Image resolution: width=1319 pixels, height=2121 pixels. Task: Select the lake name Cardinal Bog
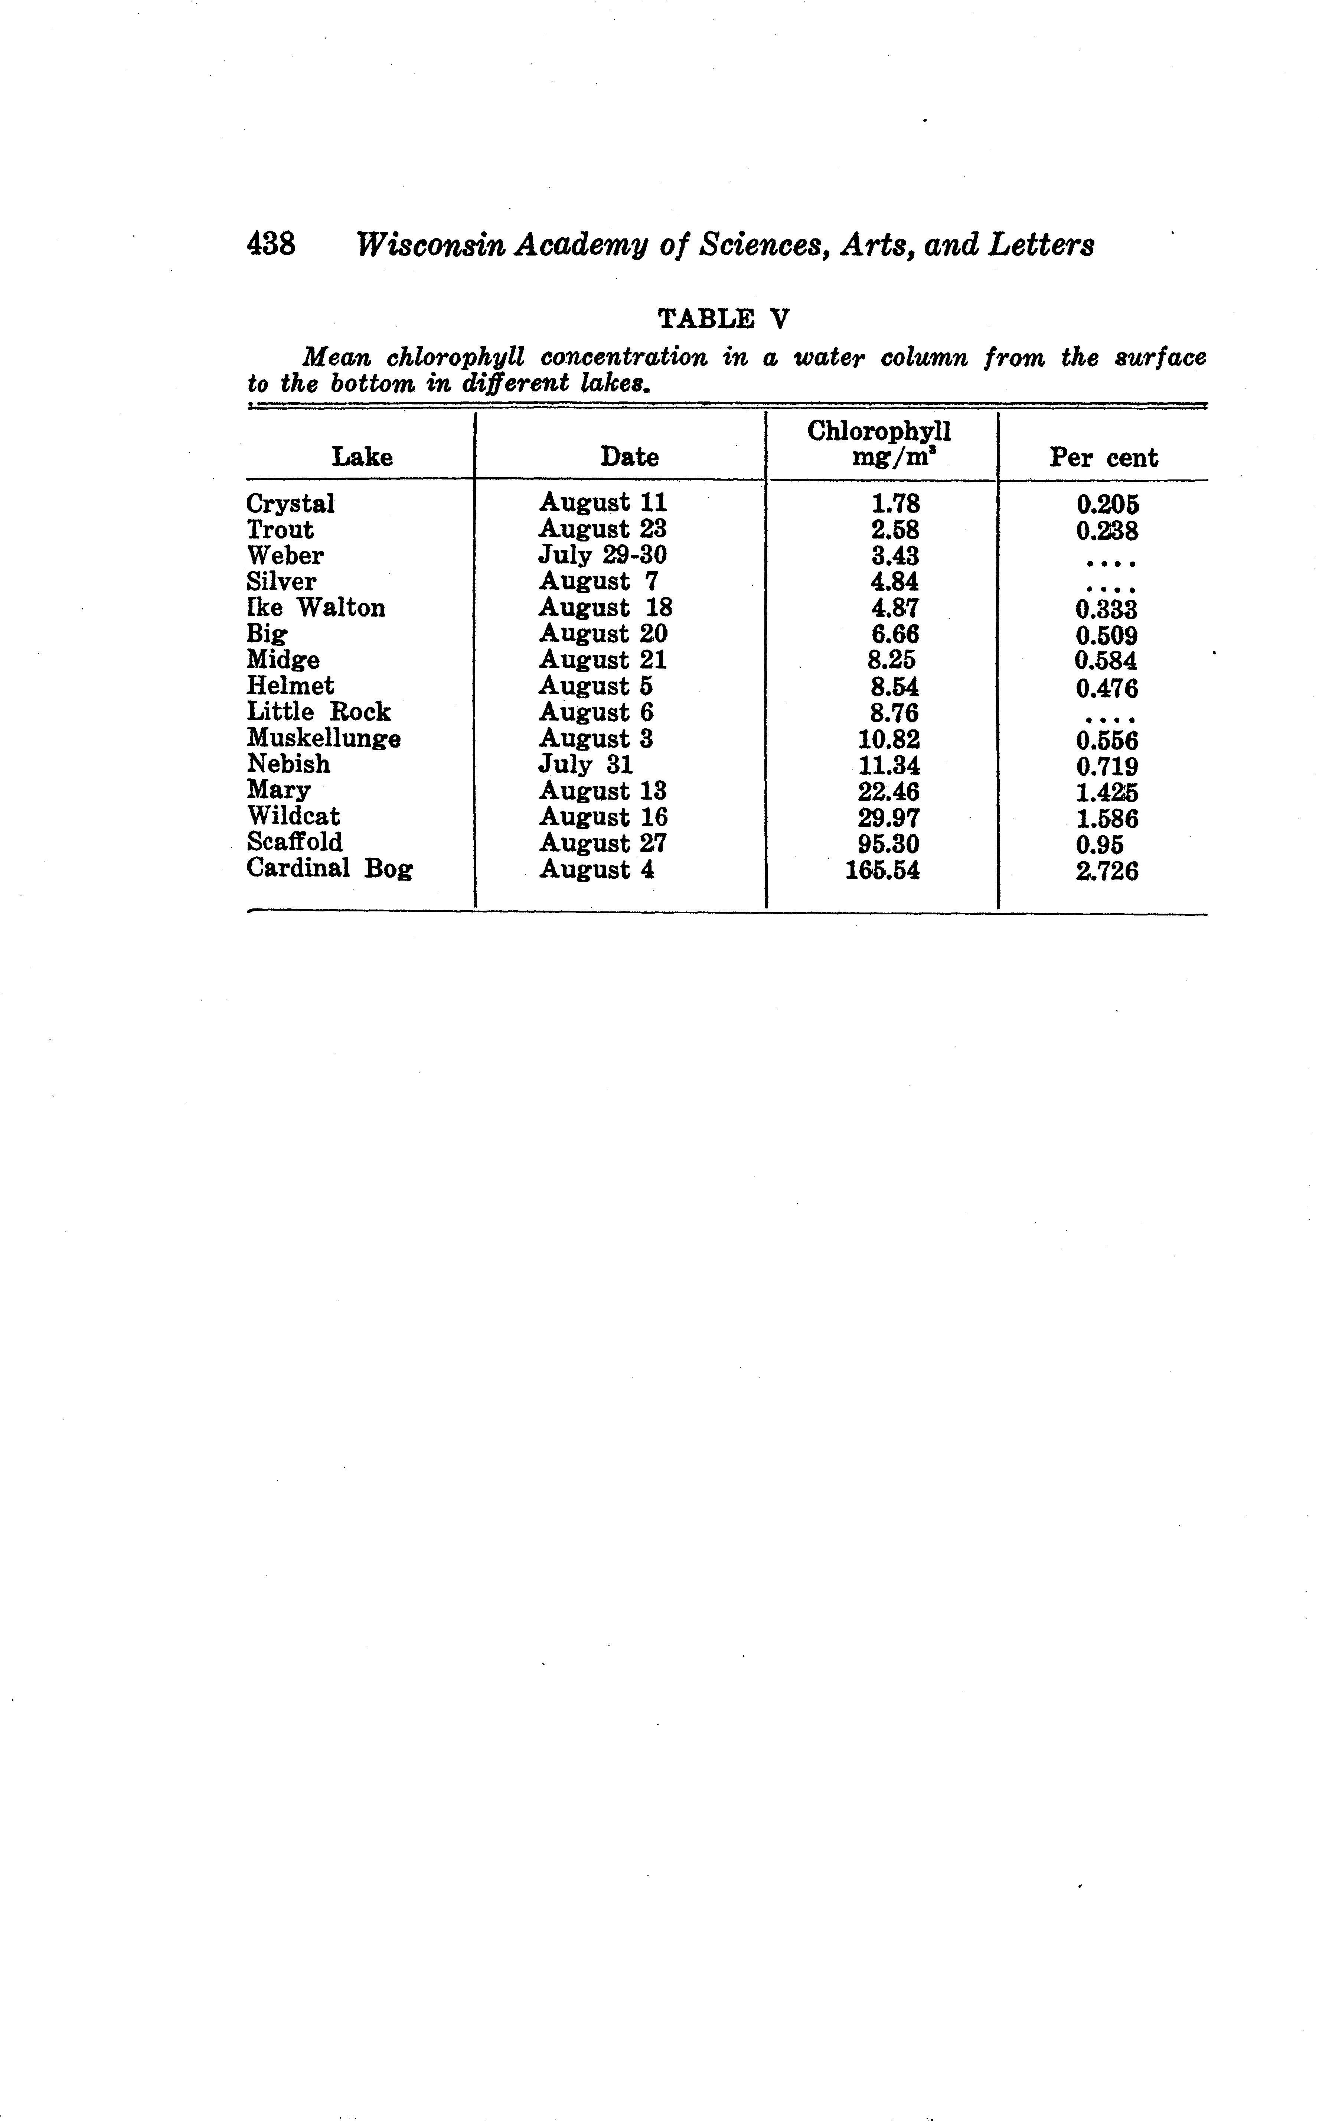330,869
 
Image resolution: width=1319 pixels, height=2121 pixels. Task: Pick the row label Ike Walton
316,608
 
